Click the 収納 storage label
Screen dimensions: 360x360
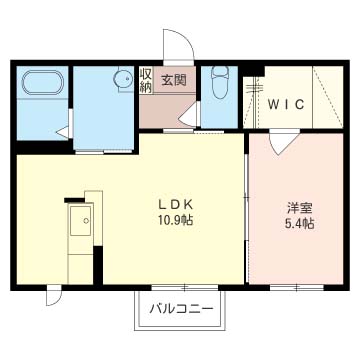click(146, 81)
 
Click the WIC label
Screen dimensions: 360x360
click(287, 103)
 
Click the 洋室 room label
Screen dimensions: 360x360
click(299, 208)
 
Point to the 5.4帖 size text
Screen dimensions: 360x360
click(299, 225)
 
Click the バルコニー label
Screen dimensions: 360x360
click(180, 308)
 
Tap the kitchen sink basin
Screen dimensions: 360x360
click(78, 220)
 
